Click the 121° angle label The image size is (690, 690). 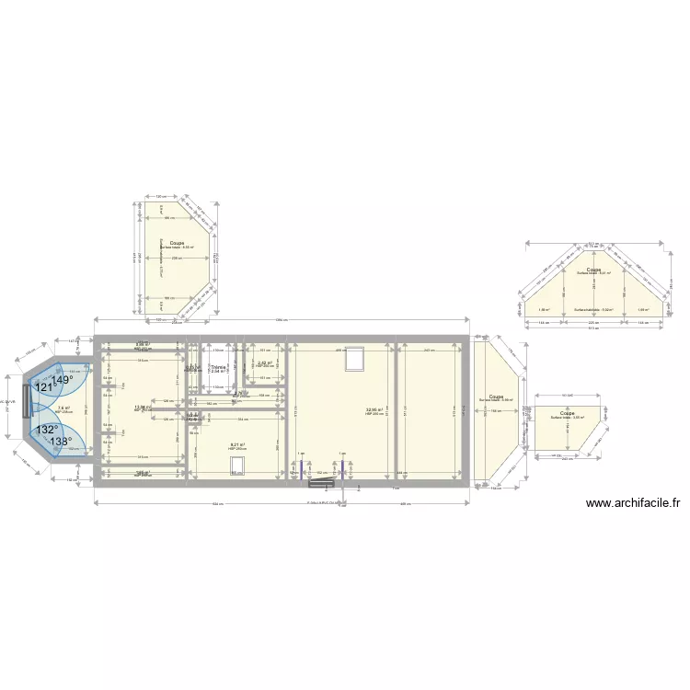(x=44, y=388)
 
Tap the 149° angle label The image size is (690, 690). (x=63, y=380)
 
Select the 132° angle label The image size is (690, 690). (x=47, y=430)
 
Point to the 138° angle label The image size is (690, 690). (x=61, y=442)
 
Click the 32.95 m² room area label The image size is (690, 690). (x=374, y=410)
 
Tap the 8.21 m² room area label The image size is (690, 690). (x=236, y=445)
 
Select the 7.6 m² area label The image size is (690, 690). (x=63, y=408)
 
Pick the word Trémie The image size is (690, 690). (x=217, y=367)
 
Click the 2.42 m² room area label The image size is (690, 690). (x=261, y=362)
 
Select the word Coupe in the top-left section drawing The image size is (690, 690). (x=176, y=243)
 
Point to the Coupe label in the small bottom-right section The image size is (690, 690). (x=568, y=413)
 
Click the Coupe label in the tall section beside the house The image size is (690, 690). (x=496, y=397)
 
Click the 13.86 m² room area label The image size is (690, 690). (x=143, y=407)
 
